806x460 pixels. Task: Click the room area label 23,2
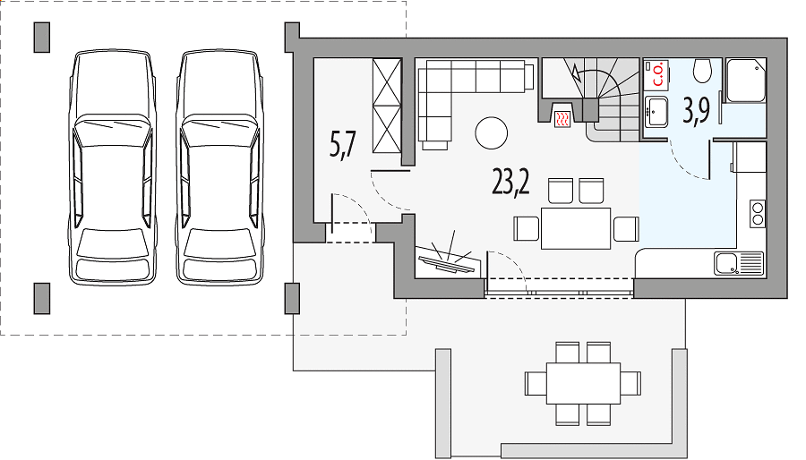(x=510, y=183)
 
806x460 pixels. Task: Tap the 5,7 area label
(x=343, y=144)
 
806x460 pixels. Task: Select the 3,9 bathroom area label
(x=696, y=110)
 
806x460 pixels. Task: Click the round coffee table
(x=492, y=133)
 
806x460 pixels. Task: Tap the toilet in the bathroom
(x=701, y=71)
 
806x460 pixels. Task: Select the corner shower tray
(x=745, y=81)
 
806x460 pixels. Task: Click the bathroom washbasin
(x=656, y=112)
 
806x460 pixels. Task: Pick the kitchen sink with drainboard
(x=739, y=263)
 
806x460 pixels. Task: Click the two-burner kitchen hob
(x=757, y=214)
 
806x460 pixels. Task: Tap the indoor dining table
(x=576, y=228)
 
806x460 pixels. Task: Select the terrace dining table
(x=583, y=383)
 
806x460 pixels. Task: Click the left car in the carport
(x=113, y=167)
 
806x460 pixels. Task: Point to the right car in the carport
(x=220, y=167)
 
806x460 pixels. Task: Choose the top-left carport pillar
(x=41, y=37)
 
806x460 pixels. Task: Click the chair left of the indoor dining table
(x=526, y=228)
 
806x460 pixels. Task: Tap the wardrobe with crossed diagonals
(x=387, y=106)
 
